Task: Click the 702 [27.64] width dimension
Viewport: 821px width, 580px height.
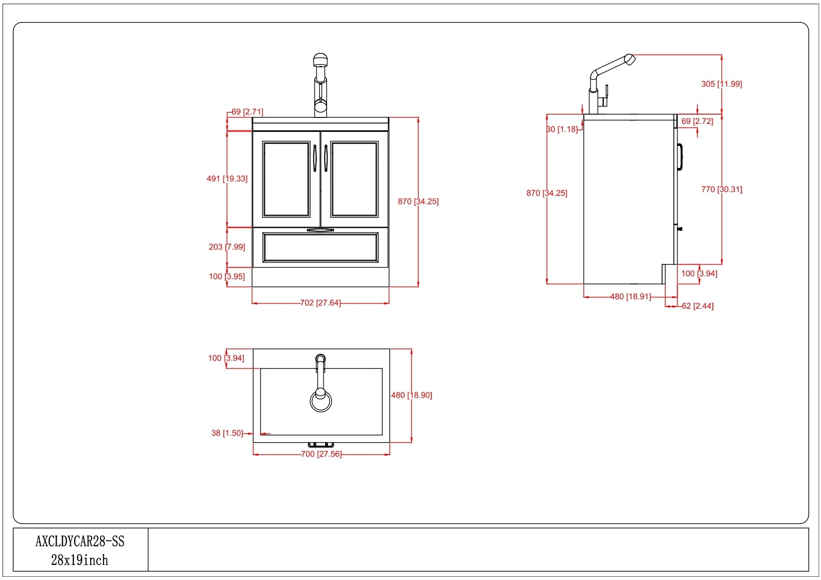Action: (x=320, y=303)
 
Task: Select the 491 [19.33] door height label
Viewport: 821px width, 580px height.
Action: (x=227, y=179)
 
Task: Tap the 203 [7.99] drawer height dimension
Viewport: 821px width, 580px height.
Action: (x=227, y=247)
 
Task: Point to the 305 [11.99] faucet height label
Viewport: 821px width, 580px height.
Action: (x=721, y=84)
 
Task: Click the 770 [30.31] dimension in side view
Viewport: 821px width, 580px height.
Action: (x=721, y=189)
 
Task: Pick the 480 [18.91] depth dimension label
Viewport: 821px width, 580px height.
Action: (x=630, y=297)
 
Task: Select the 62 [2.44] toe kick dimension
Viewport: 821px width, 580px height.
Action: (x=697, y=306)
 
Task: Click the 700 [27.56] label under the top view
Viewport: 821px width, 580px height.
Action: (x=321, y=454)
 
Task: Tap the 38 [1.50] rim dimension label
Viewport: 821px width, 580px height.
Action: (x=227, y=433)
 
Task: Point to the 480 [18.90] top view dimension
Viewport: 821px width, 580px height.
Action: (x=411, y=395)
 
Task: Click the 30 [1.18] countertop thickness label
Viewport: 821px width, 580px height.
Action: (x=562, y=129)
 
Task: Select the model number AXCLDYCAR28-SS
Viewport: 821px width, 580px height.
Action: (x=80, y=541)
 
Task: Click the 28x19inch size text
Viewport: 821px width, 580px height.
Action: (x=80, y=560)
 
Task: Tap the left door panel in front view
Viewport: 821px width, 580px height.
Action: (x=286, y=179)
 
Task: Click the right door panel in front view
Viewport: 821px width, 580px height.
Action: (x=354, y=179)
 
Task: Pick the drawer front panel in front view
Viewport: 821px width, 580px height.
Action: (x=320, y=247)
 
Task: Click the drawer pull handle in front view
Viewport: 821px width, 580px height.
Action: (x=320, y=230)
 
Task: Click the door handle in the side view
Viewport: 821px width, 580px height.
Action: (x=680, y=157)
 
